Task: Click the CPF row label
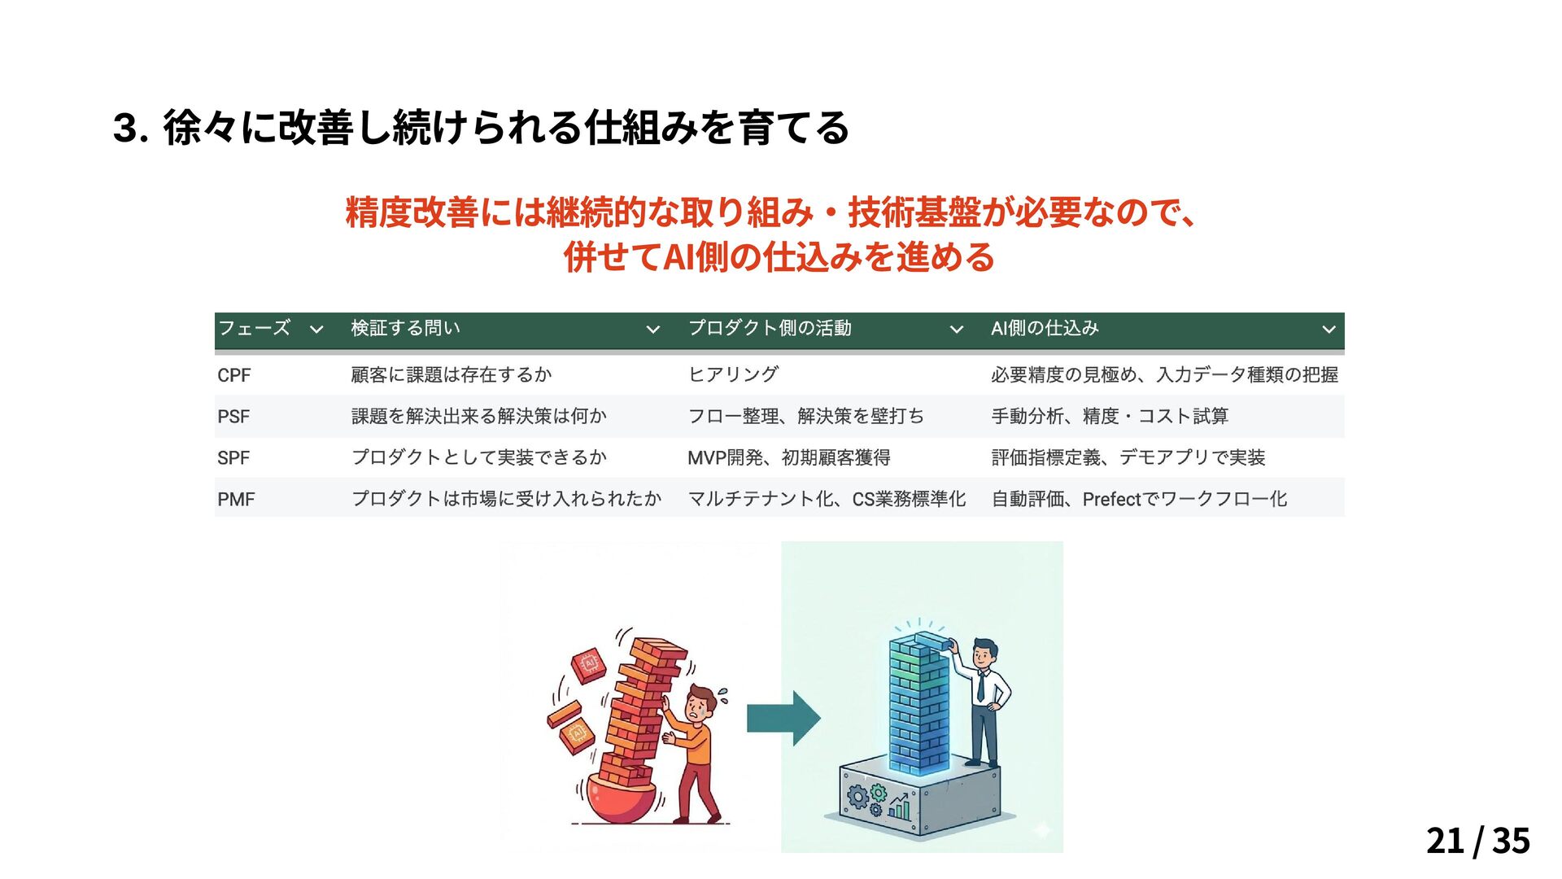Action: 233,375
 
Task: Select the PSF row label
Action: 233,417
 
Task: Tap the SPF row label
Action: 233,458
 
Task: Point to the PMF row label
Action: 236,500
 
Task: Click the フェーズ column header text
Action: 254,328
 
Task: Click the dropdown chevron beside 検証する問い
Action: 652,330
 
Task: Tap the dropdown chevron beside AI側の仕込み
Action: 1329,330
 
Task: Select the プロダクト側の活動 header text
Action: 770,328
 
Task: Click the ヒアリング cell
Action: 733,374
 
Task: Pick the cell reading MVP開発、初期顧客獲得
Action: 788,458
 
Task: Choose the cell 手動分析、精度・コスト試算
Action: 1110,417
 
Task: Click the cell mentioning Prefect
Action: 1139,500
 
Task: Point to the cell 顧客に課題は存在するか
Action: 452,374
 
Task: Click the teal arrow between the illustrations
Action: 783,718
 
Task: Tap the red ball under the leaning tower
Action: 621,802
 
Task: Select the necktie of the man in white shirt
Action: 980,686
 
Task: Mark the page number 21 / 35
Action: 1477,841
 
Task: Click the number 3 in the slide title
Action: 124,128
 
